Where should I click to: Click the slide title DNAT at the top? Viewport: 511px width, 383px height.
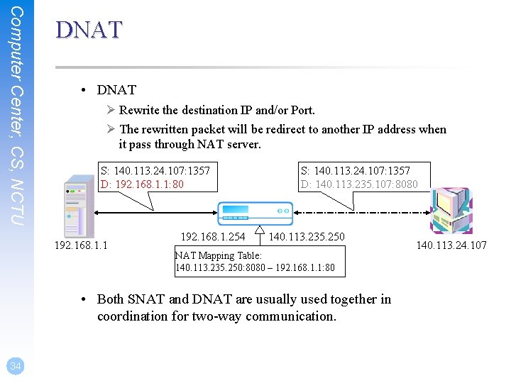pos(89,30)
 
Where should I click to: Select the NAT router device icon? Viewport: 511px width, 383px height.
pos(254,211)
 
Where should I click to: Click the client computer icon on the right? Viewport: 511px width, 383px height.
pos(451,209)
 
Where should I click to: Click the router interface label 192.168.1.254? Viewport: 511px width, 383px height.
pos(213,236)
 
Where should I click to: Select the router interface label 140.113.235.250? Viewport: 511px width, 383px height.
pos(307,236)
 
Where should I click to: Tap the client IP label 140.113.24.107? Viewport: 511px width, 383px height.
pos(451,246)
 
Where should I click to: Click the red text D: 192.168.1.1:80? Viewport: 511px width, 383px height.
pos(142,184)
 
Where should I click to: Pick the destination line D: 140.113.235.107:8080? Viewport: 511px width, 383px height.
pos(359,184)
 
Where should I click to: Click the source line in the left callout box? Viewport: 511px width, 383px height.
pos(155,170)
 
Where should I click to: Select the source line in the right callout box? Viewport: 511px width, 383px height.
pos(356,170)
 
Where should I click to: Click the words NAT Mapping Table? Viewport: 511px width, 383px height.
pos(219,255)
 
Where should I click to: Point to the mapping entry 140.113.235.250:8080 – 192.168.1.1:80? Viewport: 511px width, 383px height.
pos(260,268)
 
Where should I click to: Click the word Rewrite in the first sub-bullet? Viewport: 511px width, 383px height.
pos(140,110)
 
